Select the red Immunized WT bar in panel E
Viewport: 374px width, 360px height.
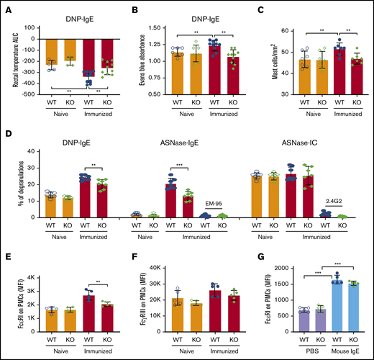click(70, 312)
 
